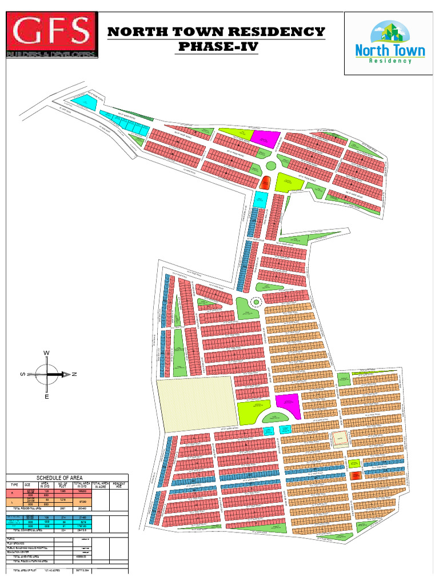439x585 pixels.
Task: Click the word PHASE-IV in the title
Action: coord(217,46)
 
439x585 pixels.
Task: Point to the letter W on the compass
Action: coord(46,354)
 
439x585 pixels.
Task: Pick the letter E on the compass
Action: coord(46,396)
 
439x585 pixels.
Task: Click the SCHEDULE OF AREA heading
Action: coord(59,478)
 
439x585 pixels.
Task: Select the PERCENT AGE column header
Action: coord(119,484)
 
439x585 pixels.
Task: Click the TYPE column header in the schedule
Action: coord(14,484)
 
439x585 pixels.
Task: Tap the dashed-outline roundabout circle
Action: coord(256,302)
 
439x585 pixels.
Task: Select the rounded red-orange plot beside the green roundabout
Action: coord(265,183)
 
